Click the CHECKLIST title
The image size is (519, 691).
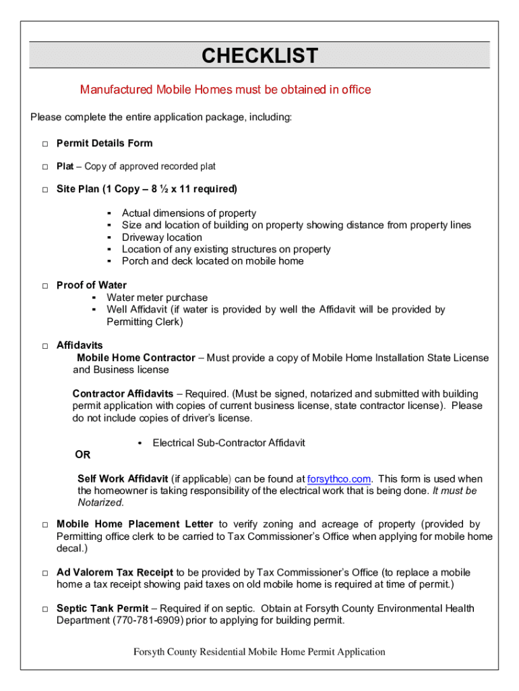[x=259, y=55]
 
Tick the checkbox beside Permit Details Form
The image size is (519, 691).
[x=44, y=144]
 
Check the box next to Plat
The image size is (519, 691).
[x=44, y=167]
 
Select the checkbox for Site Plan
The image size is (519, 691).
[x=44, y=190]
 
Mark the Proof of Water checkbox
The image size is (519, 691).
[x=44, y=286]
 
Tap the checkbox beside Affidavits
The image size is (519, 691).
[x=44, y=346]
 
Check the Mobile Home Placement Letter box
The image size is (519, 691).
[x=44, y=525]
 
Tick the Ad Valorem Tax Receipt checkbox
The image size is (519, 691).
[x=44, y=574]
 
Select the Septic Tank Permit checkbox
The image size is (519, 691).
[x=44, y=609]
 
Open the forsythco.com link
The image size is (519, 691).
[x=338, y=479]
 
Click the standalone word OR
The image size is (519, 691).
[x=82, y=455]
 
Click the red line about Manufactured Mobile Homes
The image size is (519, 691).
[x=225, y=90]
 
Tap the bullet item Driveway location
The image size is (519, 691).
[x=162, y=238]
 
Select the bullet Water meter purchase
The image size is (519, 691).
[x=157, y=298]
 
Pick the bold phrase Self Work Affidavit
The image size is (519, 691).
[x=123, y=479]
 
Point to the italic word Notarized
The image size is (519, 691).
[x=100, y=503]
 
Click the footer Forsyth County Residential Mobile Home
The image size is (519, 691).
[x=259, y=652]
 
